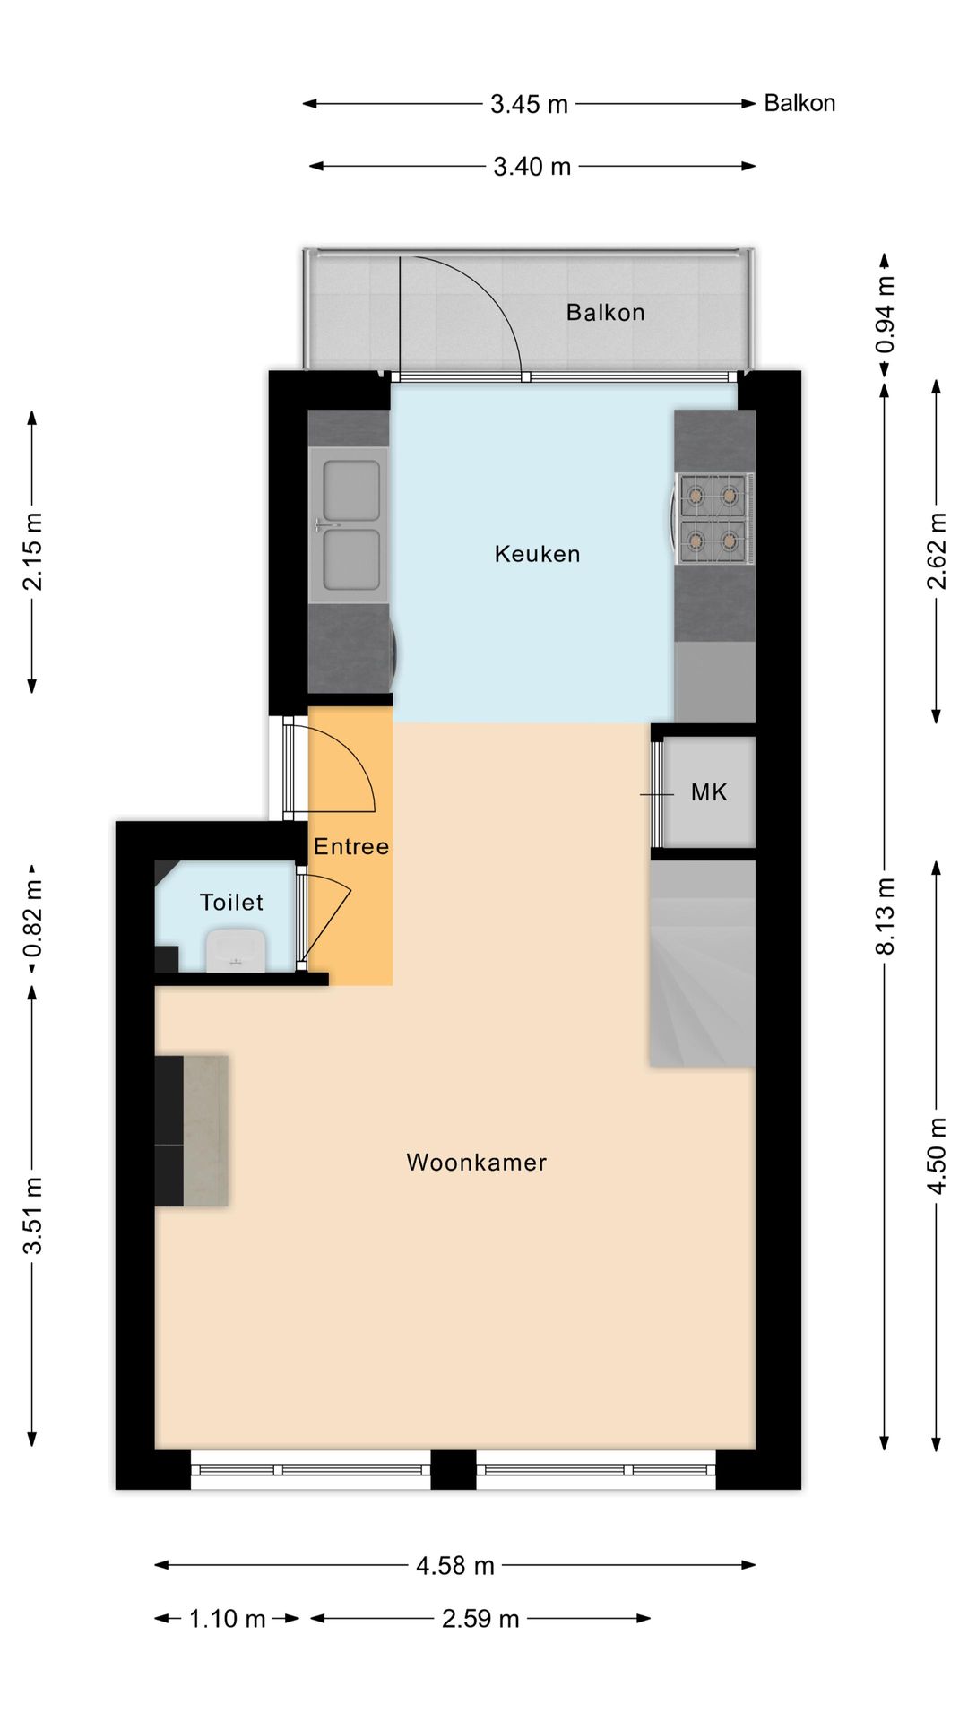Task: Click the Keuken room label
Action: pyautogui.click(x=537, y=554)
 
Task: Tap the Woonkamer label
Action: pyautogui.click(x=476, y=1163)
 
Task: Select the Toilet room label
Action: pyautogui.click(x=231, y=903)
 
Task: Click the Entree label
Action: pyautogui.click(x=351, y=847)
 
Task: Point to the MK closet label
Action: pyautogui.click(x=709, y=792)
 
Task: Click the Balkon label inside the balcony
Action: pyautogui.click(x=605, y=313)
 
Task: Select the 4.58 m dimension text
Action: pyautogui.click(x=455, y=1566)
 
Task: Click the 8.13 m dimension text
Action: pyautogui.click(x=886, y=916)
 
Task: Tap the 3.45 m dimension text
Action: pyautogui.click(x=529, y=104)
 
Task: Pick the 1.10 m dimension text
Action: pyautogui.click(x=228, y=1619)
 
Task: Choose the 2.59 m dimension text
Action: pyautogui.click(x=480, y=1619)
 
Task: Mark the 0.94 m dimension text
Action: pyautogui.click(x=886, y=316)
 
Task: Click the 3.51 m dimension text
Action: pyautogui.click(x=32, y=1215)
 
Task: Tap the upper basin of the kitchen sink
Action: pyautogui.click(x=350, y=490)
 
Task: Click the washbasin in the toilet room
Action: pyautogui.click(x=236, y=950)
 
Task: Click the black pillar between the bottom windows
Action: pyautogui.click(x=454, y=1470)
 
